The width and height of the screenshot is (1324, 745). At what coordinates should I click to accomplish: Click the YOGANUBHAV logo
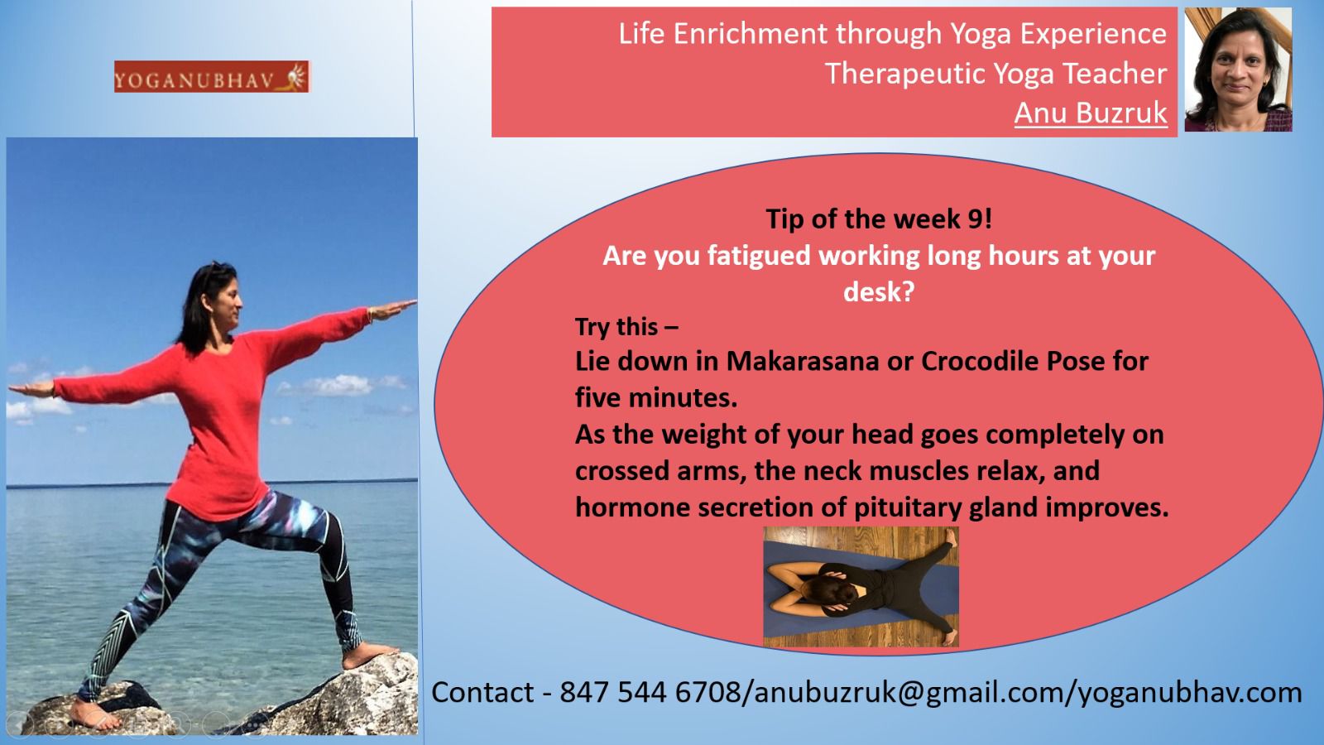(212, 76)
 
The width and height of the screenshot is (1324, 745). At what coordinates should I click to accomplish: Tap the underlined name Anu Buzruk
(1091, 113)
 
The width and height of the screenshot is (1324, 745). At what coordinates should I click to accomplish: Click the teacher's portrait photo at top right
(1238, 70)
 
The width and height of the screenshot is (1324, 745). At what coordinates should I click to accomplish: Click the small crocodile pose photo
(861, 587)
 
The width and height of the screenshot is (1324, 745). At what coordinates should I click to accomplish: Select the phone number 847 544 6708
(650, 692)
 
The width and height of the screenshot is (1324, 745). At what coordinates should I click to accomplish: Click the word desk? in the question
(879, 291)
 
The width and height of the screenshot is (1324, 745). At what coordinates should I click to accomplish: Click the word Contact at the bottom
(482, 692)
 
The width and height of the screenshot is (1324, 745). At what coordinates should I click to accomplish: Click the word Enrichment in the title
(750, 34)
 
